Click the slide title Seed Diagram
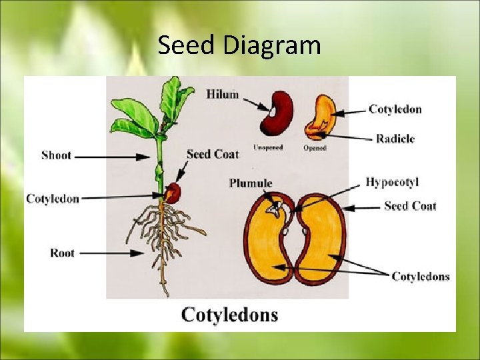[239, 46]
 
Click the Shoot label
[56, 155]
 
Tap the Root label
[62, 253]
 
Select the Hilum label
[222, 94]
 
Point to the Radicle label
[395, 139]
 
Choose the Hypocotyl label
[392, 182]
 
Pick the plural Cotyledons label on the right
[420, 276]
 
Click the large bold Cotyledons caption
[229, 314]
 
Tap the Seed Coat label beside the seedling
[213, 154]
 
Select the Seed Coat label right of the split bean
[410, 206]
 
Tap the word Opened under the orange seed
[315, 148]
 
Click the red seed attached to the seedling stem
[173, 193]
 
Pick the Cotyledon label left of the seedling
[53, 199]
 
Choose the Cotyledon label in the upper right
[395, 109]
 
